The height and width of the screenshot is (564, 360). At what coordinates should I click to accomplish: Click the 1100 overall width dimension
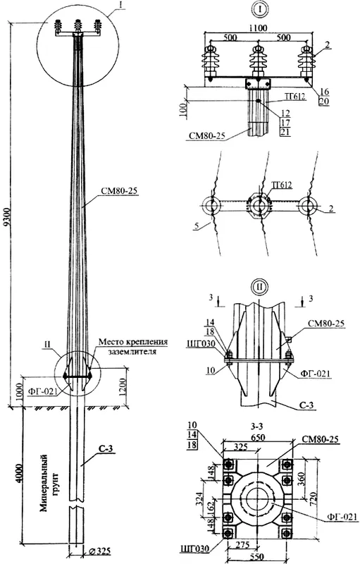coord(258,27)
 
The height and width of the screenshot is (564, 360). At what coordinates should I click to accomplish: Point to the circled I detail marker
coord(259,10)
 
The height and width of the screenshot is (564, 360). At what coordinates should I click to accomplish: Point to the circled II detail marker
coord(259,288)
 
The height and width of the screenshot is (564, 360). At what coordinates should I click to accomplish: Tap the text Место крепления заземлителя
coord(132,346)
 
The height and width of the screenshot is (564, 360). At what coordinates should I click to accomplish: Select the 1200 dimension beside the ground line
coord(123,387)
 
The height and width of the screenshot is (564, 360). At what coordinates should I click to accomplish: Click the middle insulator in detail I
coord(258,62)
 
